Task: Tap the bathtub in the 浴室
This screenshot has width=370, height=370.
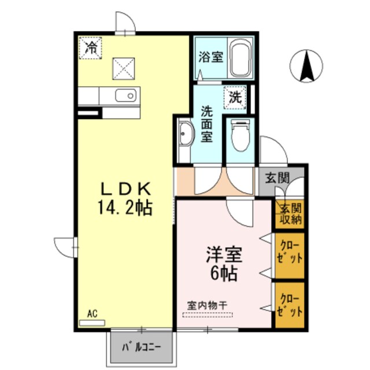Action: (x=239, y=58)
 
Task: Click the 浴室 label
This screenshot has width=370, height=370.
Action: (x=210, y=58)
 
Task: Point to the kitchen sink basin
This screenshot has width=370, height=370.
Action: (x=125, y=95)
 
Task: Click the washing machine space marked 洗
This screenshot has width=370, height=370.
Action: (x=235, y=96)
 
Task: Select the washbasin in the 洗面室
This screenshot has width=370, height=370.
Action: (x=186, y=136)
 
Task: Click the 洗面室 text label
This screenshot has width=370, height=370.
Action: (x=207, y=123)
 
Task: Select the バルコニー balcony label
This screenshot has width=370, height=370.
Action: (x=141, y=348)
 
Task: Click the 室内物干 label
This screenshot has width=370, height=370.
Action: (x=208, y=305)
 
